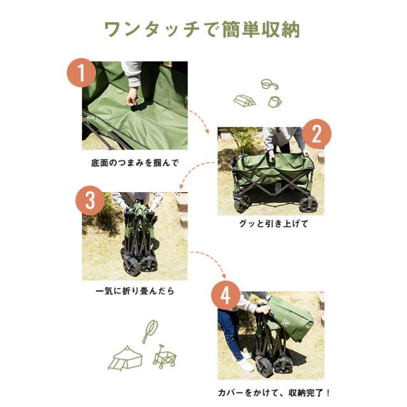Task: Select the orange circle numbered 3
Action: tap(90, 202)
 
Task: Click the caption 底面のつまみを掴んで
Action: tap(135, 163)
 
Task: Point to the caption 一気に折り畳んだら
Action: tap(134, 291)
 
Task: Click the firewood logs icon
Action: tap(245, 100)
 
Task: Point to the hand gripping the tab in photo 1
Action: tap(132, 98)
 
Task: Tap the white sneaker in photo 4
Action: tap(245, 365)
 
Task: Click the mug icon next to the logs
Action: tap(275, 101)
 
